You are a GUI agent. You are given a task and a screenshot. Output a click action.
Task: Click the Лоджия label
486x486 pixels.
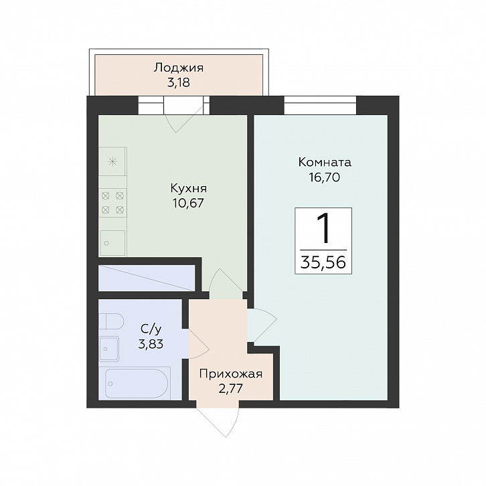pyautogui.click(x=179, y=68)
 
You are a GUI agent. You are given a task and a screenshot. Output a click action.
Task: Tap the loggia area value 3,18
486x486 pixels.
pyautogui.click(x=179, y=83)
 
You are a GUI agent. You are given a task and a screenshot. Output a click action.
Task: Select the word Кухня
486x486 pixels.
pyautogui.click(x=189, y=189)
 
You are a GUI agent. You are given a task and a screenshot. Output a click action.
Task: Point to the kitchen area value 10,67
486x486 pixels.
pyautogui.click(x=189, y=204)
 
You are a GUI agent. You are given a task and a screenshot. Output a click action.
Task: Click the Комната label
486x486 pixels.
pyautogui.click(x=325, y=162)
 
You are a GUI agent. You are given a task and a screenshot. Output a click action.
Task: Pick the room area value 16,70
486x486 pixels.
pyautogui.click(x=325, y=177)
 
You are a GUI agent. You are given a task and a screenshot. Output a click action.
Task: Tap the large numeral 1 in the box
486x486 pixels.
pyautogui.click(x=323, y=229)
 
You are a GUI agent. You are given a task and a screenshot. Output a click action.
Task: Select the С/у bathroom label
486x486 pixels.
pyautogui.click(x=151, y=329)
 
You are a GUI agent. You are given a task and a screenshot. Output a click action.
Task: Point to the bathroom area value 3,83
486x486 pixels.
pyautogui.click(x=151, y=344)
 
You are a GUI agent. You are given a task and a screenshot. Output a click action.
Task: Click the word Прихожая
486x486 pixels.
pyautogui.click(x=231, y=374)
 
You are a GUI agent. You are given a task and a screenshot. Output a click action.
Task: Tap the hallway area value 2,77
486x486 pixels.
pyautogui.click(x=230, y=389)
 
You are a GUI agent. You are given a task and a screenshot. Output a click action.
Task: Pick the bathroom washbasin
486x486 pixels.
pyautogui.click(x=109, y=349)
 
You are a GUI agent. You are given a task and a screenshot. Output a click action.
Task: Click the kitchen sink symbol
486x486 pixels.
pyautogui.click(x=112, y=243)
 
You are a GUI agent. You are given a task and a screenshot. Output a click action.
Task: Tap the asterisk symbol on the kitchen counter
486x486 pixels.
pyautogui.click(x=112, y=161)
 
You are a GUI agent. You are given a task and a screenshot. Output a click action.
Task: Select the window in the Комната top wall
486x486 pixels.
pyautogui.click(x=320, y=104)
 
